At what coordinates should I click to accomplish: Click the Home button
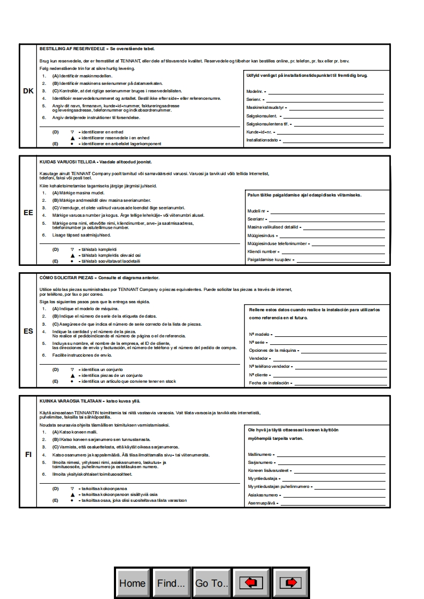(132, 583)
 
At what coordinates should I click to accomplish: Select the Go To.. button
(211, 583)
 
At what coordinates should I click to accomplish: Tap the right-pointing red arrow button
(290, 583)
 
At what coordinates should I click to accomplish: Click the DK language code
(28, 91)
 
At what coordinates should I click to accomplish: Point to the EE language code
(28, 212)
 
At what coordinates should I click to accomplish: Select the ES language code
(28, 331)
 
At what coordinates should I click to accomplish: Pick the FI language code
(28, 454)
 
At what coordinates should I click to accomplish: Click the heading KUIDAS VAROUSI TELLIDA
(69, 161)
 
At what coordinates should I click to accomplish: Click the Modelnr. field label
(255, 92)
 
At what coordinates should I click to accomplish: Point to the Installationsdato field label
(262, 140)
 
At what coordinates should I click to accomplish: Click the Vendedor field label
(259, 358)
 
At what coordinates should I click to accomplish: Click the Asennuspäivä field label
(261, 503)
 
